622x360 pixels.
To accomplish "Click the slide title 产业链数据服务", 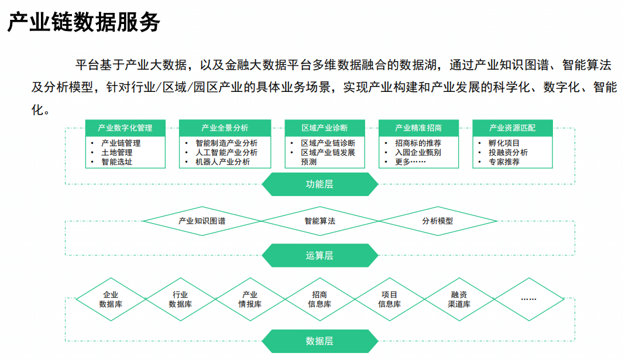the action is click(84, 22).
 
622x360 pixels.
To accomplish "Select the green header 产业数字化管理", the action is click(125, 128).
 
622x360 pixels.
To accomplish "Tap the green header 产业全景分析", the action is click(225, 128).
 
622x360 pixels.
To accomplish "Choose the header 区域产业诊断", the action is click(325, 128).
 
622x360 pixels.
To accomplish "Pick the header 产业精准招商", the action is click(418, 128).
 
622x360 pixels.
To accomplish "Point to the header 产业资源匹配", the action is click(513, 128).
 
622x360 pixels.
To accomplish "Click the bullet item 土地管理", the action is click(116, 152).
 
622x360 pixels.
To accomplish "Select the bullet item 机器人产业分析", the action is click(222, 162).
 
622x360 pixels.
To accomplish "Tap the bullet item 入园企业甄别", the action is click(418, 152).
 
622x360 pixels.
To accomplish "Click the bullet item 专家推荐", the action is click(504, 162).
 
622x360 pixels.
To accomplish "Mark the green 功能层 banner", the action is click(319, 184).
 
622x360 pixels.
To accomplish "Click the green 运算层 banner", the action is click(319, 255).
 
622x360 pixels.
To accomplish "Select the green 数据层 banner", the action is click(319, 341).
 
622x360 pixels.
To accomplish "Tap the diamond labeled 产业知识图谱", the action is click(202, 221).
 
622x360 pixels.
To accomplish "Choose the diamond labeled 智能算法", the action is click(319, 221).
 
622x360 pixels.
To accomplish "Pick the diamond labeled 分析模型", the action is click(438, 221).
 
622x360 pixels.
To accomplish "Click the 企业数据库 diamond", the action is click(111, 299).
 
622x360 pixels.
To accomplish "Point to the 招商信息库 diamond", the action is click(319, 299).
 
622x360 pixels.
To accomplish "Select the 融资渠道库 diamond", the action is click(459, 299).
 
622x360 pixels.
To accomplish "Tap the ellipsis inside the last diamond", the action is click(529, 299).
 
